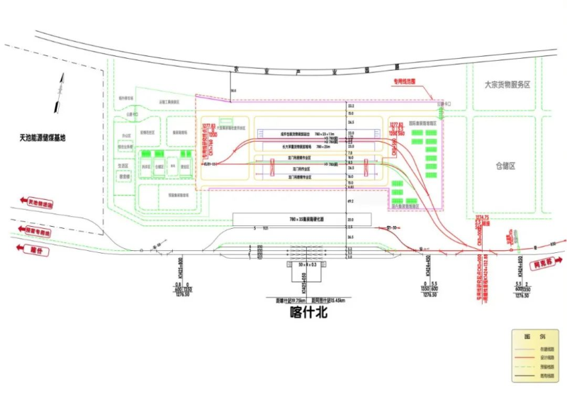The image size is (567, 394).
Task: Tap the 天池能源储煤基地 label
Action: [43, 137]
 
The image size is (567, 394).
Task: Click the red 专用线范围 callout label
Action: [406, 81]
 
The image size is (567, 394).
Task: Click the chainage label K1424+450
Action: [427, 264]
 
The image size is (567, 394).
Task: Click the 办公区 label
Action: [128, 133]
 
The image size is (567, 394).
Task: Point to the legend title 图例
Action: [539, 336]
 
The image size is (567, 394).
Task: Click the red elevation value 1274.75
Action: [482, 217]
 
